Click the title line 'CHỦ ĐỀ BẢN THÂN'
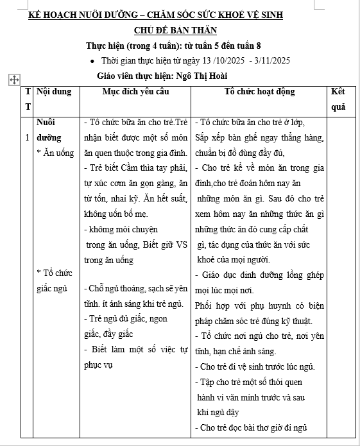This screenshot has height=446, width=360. click(x=175, y=30)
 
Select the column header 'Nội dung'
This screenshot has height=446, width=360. click(x=54, y=92)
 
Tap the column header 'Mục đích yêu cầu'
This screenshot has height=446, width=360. click(x=135, y=92)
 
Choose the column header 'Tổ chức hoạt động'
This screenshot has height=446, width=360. click(x=259, y=92)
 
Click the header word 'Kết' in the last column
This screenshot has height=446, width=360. click(x=338, y=92)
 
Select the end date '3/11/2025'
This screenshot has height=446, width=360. click(x=272, y=61)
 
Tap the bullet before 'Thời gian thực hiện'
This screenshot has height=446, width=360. click(x=94, y=61)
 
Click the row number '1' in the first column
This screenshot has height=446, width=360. click(x=26, y=137)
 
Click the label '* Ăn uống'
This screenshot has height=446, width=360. click(x=56, y=153)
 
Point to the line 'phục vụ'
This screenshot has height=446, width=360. click(x=98, y=365)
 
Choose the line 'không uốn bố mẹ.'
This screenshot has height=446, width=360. click(x=120, y=213)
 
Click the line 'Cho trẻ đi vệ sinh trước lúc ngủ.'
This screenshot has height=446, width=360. click(x=257, y=366)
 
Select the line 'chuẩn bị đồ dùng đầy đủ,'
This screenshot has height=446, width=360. click(x=240, y=153)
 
